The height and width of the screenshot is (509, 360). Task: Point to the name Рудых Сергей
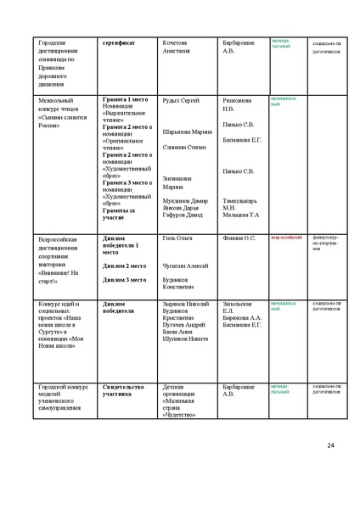[181, 101]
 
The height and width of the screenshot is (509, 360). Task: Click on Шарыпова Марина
[188, 131]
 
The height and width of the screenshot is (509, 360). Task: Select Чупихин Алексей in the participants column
[185, 266]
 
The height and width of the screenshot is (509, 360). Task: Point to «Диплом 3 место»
[124, 279]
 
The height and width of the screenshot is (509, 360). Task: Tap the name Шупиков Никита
[184, 338]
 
